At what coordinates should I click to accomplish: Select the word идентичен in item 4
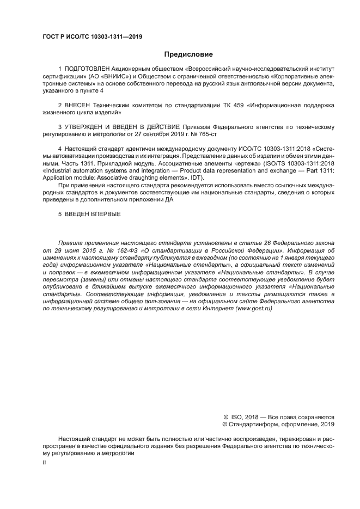144,149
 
